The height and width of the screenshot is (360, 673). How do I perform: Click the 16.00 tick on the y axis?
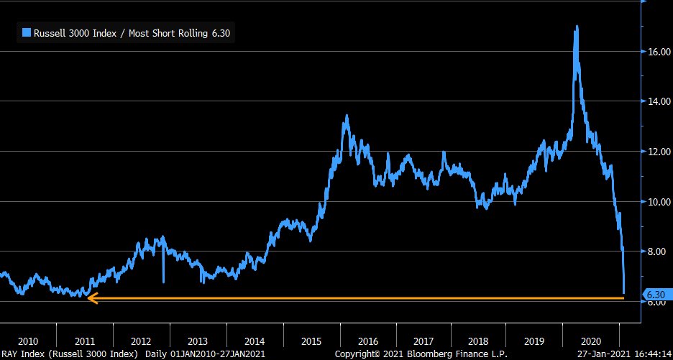(x=658, y=52)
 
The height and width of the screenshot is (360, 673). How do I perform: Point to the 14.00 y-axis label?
(x=658, y=102)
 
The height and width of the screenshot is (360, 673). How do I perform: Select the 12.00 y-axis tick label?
(x=658, y=152)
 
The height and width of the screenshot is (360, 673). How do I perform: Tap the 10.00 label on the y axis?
(x=658, y=201)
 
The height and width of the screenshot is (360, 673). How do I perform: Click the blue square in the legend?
(x=27, y=32)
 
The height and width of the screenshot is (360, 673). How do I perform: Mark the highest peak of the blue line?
(x=577, y=27)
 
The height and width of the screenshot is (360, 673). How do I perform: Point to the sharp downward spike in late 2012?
(x=163, y=280)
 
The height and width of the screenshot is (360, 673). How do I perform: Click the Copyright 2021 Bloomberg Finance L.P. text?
(x=421, y=354)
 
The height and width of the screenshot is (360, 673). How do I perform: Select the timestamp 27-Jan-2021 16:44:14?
(x=625, y=354)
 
